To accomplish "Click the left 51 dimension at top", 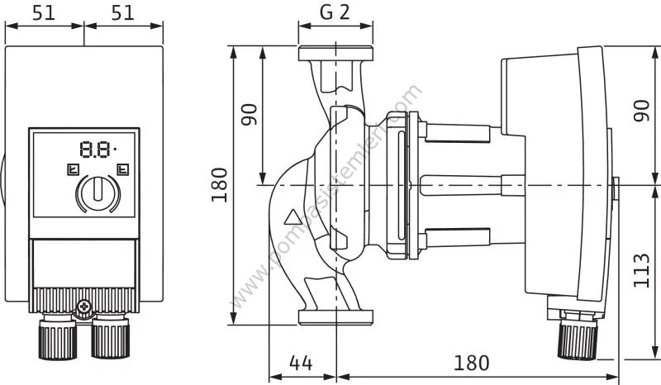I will click(x=42, y=13).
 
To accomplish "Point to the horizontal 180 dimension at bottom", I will click(x=473, y=364).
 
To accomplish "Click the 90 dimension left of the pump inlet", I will click(x=250, y=113).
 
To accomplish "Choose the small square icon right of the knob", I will click(x=123, y=171).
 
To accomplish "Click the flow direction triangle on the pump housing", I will click(x=292, y=221).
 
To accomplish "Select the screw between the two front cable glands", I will click(x=83, y=309).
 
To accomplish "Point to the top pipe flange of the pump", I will click(x=337, y=57).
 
